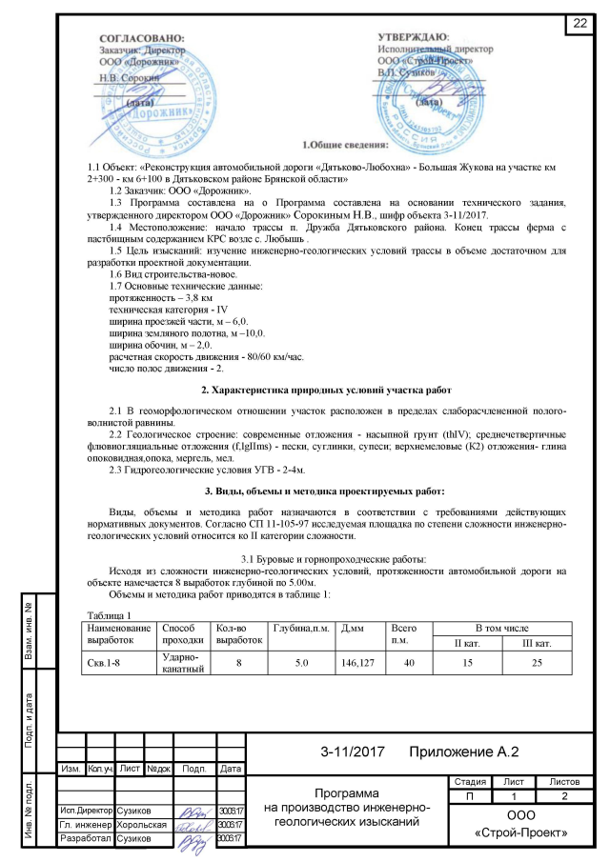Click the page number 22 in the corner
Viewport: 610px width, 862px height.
click(x=579, y=24)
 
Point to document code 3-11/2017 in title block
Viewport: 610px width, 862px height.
click(x=352, y=752)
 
